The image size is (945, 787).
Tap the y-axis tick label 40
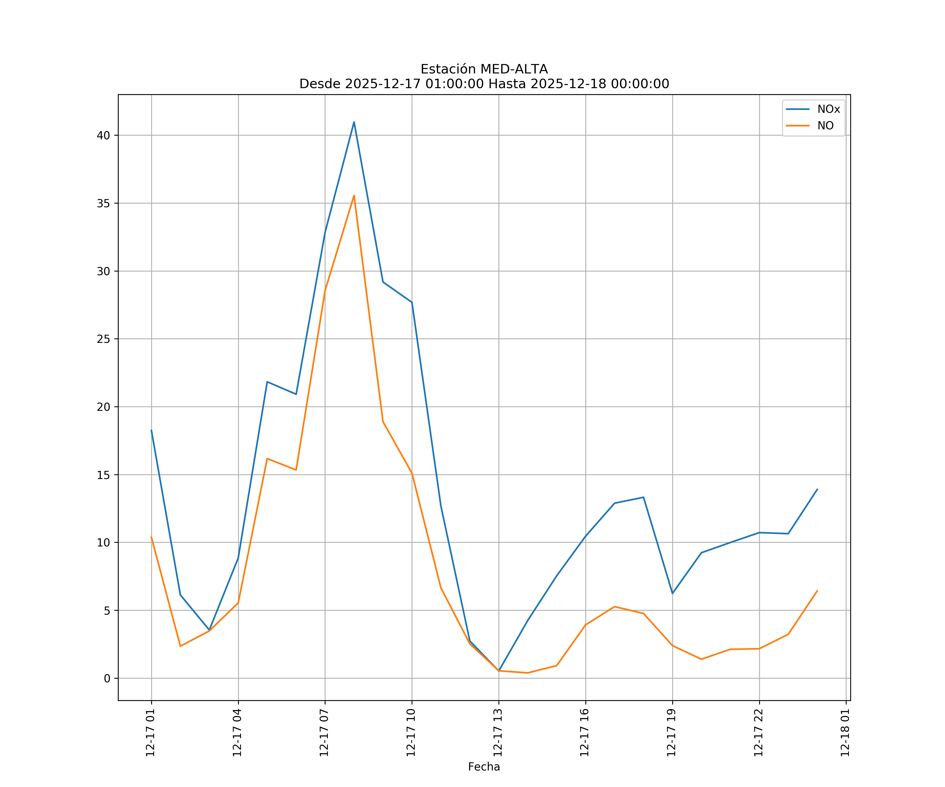103,135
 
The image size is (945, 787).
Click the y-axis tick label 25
103,339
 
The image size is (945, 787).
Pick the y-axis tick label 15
103,475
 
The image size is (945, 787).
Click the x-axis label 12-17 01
150,733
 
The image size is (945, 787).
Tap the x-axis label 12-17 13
498,733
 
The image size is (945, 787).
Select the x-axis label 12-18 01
845,733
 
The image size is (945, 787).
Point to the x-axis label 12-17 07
324,733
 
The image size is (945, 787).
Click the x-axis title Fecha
484,767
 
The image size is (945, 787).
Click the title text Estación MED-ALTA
484,69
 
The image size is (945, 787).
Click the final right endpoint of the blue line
817,489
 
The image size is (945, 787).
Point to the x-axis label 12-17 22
758,733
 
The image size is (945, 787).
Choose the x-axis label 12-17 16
585,733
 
